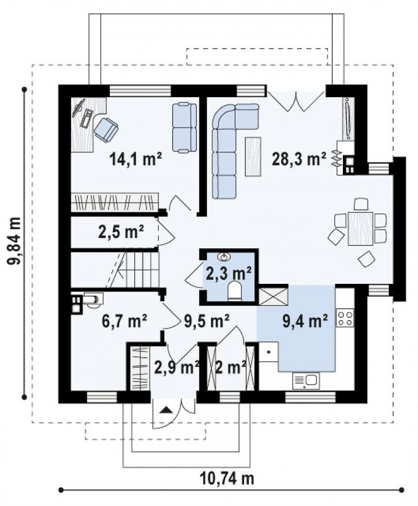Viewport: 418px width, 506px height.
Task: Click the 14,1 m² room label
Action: pos(136,159)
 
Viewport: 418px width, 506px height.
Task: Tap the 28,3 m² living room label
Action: pos(299,159)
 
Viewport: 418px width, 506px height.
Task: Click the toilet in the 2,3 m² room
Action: pos(234,291)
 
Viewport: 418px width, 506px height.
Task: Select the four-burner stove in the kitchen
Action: pos(345,318)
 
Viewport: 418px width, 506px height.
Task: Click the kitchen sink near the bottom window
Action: pos(306,381)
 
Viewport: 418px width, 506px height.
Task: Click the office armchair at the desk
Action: pos(106,129)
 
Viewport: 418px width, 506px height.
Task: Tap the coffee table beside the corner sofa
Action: pos(253,157)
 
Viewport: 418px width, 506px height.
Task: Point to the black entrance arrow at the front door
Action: pos(167,410)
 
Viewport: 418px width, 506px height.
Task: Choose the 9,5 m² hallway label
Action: pos(207,321)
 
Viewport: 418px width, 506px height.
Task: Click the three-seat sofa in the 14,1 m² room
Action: pos(185,127)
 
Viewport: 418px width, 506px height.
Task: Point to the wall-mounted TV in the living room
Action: pos(348,119)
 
